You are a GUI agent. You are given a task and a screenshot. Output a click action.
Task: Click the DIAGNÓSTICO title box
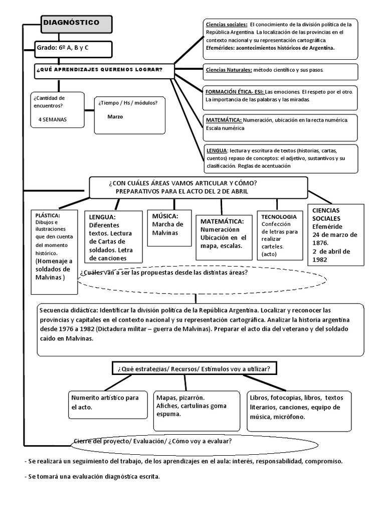[x=76, y=24]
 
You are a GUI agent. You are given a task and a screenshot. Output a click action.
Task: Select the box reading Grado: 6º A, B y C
[x=73, y=48]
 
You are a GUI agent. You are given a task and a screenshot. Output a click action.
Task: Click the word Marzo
[x=115, y=116]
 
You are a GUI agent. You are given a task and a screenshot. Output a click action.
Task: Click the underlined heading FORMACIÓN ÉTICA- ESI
[x=234, y=92]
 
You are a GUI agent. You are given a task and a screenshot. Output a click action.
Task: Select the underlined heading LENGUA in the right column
[x=217, y=150]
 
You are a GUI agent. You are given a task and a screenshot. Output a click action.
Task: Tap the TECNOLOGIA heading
[x=279, y=217]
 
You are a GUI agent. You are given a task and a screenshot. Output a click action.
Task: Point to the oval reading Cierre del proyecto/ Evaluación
[x=152, y=441]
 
